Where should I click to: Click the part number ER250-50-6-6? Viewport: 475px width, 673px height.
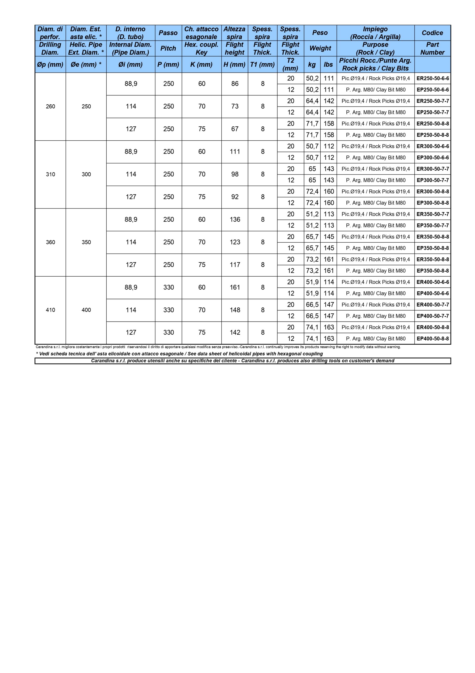click(x=432, y=79)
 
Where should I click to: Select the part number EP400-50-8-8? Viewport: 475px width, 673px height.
click(x=432, y=339)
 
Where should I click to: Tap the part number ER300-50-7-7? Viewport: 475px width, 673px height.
click(x=432, y=169)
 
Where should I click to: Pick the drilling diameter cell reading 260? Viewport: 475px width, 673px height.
click(x=50, y=106)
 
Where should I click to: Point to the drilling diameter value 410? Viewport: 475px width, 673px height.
click(x=50, y=310)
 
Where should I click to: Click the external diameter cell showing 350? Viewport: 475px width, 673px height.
click(x=86, y=242)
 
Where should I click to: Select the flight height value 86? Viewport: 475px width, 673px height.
click(x=234, y=84)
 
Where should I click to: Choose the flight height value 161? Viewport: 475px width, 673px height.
click(x=234, y=287)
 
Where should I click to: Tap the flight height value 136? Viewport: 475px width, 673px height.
click(x=234, y=220)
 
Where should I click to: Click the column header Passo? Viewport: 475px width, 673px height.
click(x=168, y=33)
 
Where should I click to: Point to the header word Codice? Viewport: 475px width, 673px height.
click(x=432, y=33)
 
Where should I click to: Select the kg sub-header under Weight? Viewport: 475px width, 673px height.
click(x=312, y=64)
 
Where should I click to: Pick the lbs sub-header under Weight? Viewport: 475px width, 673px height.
click(x=328, y=64)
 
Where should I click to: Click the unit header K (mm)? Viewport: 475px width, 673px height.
click(x=201, y=64)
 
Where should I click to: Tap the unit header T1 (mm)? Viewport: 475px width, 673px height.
click(x=262, y=64)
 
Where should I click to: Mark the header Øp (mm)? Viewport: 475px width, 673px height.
click(x=50, y=64)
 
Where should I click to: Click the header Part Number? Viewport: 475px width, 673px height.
click(x=432, y=48)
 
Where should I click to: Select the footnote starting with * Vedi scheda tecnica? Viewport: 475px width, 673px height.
click(x=179, y=354)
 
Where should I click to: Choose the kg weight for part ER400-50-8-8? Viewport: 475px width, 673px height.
click(x=312, y=327)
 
